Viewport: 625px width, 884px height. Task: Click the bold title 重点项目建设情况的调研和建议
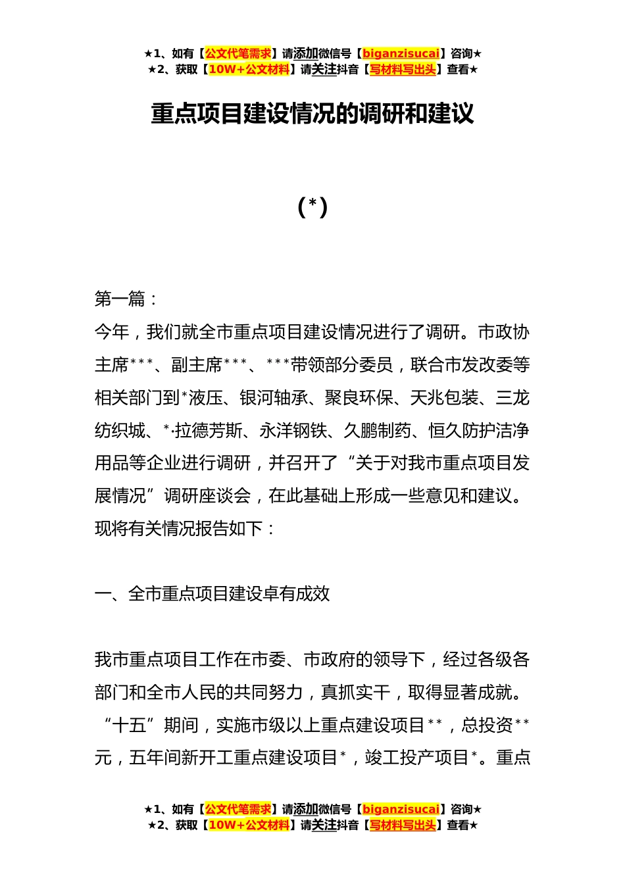tap(312, 114)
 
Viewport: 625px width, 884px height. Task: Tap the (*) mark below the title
tap(312, 207)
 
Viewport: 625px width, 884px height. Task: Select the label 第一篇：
tap(126, 299)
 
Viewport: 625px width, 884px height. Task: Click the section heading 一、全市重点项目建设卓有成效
tap(212, 594)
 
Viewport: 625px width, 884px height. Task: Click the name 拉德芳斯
tap(209, 431)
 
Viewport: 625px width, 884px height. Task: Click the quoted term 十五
tap(129, 725)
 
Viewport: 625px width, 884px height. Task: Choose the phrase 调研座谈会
tap(207, 496)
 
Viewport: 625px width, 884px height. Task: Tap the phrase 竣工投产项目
tap(416, 758)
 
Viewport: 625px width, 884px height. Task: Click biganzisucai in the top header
tap(401, 54)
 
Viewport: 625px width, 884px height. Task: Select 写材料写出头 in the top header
tap(403, 70)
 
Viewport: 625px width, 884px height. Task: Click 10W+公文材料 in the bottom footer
tap(249, 825)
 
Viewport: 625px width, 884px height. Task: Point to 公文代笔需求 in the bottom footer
tap(238, 809)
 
